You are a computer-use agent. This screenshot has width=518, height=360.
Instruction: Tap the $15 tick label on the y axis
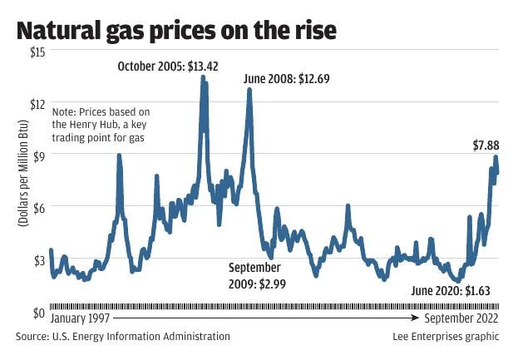[37, 52]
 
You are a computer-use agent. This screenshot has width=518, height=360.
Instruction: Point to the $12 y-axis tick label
[37, 103]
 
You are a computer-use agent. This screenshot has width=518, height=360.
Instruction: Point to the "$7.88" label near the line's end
[486, 145]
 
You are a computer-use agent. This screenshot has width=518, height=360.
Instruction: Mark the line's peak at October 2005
[203, 76]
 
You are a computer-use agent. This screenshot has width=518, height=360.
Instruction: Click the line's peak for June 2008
[249, 89]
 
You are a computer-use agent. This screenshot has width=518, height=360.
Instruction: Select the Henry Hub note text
[99, 124]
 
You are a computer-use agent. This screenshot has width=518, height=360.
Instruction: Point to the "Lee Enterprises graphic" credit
[446, 337]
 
